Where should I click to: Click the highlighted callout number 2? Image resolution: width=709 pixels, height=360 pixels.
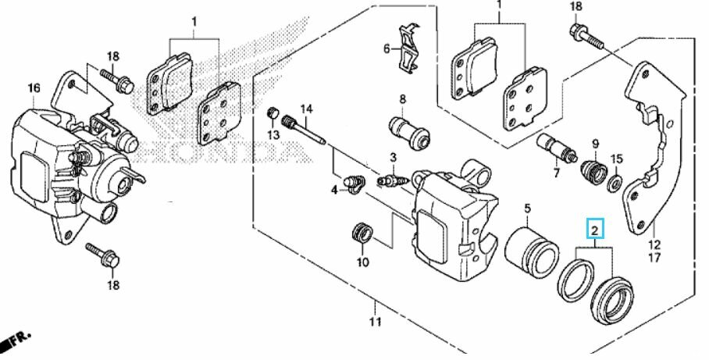pos(595,229)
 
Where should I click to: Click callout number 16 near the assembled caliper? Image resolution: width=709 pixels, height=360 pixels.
pos(34,87)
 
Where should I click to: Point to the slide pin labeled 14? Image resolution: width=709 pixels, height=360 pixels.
pos(304,131)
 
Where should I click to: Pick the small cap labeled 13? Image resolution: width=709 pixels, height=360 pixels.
pos(273,113)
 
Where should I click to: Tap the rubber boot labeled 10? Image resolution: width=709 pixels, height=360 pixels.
pos(362,233)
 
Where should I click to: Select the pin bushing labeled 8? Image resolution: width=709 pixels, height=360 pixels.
pos(409,133)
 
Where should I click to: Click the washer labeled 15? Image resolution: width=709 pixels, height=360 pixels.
pos(615,183)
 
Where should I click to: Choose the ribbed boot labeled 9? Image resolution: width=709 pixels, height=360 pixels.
pos(593,173)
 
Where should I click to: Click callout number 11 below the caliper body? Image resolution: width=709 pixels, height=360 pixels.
pos(375,322)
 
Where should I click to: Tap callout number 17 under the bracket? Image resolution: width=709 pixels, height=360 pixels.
pos(654,258)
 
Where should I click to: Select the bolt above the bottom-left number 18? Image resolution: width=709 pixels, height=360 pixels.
pos(102,255)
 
